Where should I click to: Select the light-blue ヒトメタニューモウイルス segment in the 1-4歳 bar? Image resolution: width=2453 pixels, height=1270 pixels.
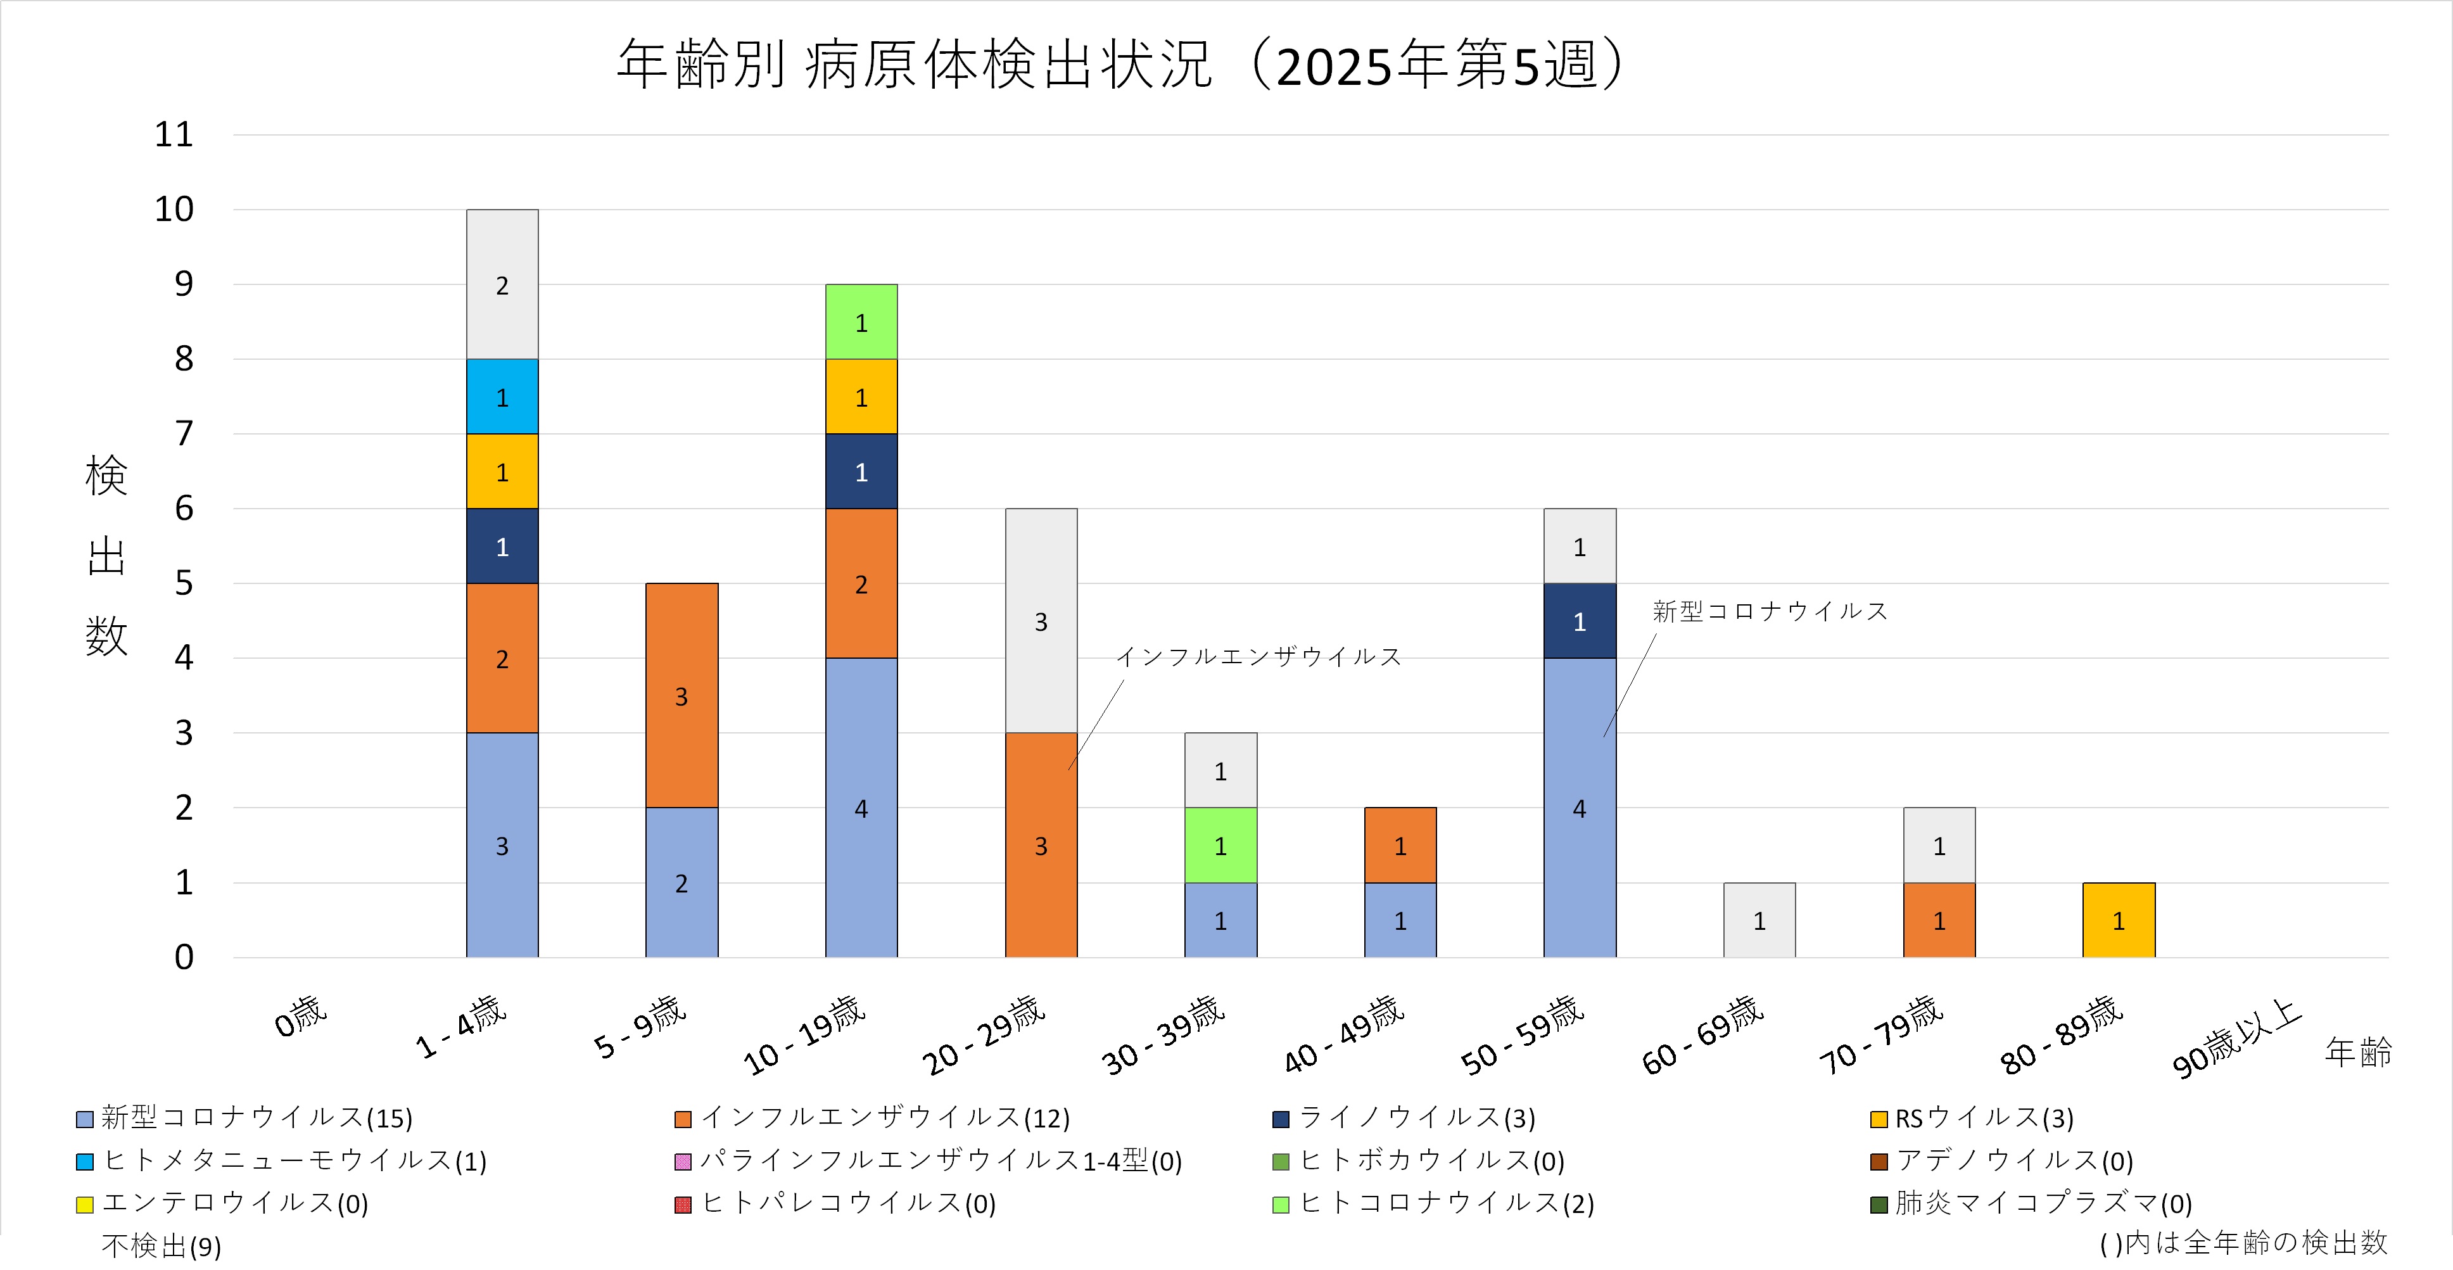pos(502,397)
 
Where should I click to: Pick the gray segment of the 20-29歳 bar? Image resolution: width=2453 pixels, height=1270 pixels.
pos(1041,621)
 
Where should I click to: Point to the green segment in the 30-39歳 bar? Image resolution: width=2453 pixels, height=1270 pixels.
pos(1220,846)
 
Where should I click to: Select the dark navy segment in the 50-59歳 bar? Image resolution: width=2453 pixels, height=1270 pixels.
pos(1579,621)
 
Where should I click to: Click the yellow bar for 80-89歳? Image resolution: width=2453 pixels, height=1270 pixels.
pos(2118,920)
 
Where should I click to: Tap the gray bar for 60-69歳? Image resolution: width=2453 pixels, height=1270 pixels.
pos(1759,920)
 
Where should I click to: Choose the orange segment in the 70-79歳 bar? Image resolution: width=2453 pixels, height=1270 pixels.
pos(1939,920)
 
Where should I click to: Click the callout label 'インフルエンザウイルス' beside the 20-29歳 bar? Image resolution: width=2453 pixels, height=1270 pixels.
pos(1258,657)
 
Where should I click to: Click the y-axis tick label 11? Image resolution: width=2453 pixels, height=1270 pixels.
pos(174,135)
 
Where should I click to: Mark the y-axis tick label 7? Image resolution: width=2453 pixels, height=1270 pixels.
pos(184,434)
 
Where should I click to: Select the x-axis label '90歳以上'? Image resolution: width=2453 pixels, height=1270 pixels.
pos(2236,1039)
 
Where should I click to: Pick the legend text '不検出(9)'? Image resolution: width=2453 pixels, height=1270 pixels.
pos(161,1245)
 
